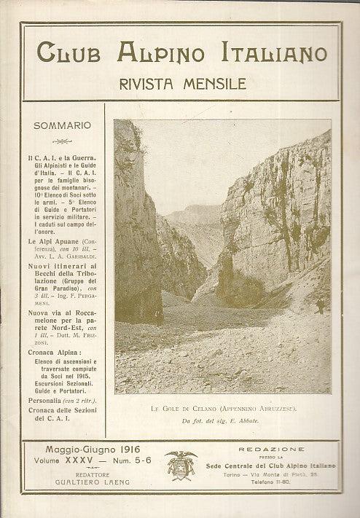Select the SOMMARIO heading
tap(62, 126)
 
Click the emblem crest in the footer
tap(179, 464)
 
